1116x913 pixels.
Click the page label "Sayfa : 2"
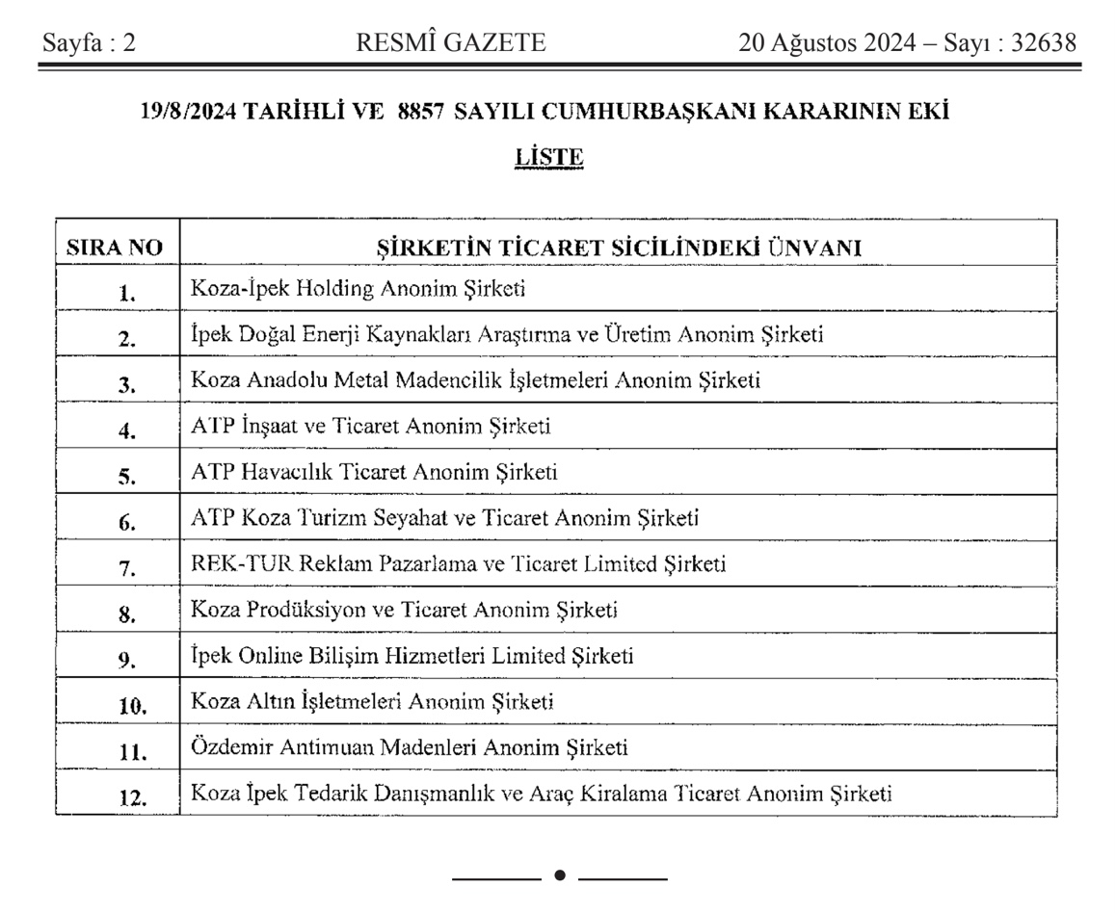point(88,43)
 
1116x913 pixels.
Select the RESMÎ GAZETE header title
point(451,43)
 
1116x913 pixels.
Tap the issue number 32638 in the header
point(1043,43)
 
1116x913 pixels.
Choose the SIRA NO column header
point(115,248)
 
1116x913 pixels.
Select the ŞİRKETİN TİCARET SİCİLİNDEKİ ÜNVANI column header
point(618,248)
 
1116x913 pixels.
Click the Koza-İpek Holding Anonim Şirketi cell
point(358,289)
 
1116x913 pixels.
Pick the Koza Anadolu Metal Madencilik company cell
point(476,380)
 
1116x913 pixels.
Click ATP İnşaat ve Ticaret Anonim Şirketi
point(371,427)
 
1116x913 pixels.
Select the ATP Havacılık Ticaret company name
point(374,472)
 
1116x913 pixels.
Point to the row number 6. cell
point(127,523)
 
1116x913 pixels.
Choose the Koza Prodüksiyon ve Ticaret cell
point(404,610)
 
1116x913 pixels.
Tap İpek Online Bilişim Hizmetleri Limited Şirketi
point(412,656)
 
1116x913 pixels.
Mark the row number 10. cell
point(132,707)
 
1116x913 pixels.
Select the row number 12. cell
point(132,798)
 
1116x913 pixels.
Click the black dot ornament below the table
point(560,875)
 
